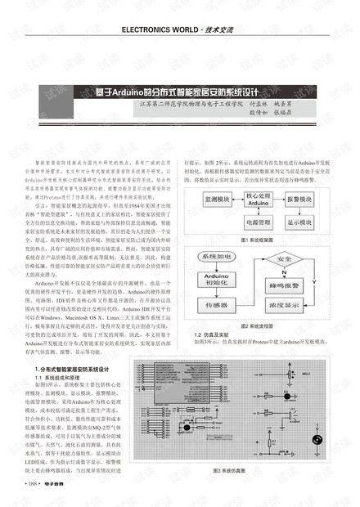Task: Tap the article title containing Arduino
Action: [x=181, y=91]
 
